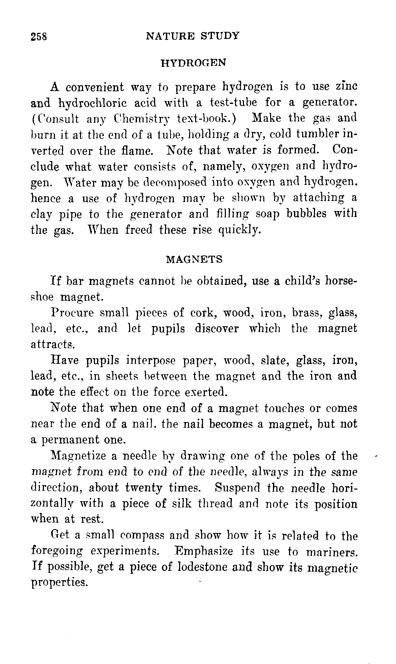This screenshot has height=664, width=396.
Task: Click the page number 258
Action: pos(39,36)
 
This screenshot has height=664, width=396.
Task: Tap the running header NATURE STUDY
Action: pos(193,36)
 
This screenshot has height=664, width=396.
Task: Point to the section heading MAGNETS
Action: pos(194,259)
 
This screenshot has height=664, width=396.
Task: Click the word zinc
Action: pos(346,87)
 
